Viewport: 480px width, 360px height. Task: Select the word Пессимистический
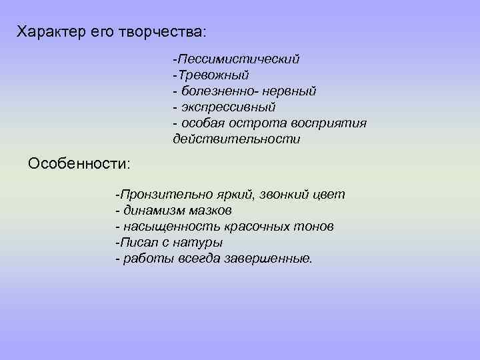point(238,59)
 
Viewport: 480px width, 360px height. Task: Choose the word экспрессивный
point(227,107)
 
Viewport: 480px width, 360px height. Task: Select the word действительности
point(236,139)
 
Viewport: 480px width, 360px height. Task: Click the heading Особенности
point(79,163)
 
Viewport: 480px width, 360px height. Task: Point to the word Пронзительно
point(167,195)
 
